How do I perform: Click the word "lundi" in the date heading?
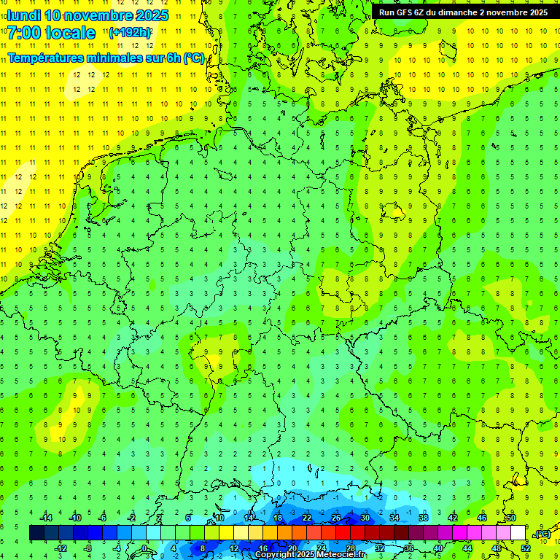(x=23, y=15)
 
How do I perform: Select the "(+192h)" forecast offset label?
(x=130, y=33)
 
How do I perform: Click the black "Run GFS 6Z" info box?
(x=464, y=12)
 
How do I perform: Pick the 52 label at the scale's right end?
(x=526, y=548)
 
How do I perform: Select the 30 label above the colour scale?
(x=365, y=518)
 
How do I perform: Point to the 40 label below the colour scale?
(x=438, y=548)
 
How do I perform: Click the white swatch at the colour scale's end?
(x=518, y=533)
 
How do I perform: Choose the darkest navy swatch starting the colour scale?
(x=36, y=533)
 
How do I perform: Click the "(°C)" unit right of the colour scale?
(x=542, y=534)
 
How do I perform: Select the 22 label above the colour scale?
(x=307, y=518)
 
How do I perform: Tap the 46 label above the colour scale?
(x=482, y=518)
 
